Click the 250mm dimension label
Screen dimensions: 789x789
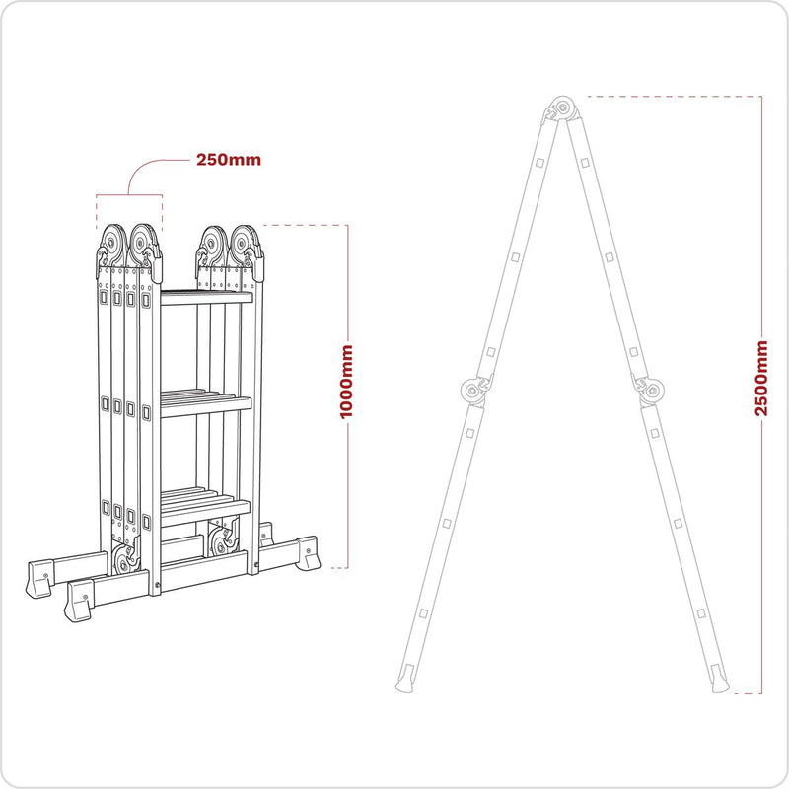[229, 160]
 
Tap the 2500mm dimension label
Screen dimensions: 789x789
[761, 378]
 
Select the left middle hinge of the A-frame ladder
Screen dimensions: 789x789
[472, 391]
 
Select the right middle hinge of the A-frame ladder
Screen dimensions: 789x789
[648, 391]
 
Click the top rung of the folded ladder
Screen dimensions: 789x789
[206, 297]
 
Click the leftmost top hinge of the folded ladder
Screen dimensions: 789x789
[111, 243]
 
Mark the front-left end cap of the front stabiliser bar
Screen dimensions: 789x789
[79, 600]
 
